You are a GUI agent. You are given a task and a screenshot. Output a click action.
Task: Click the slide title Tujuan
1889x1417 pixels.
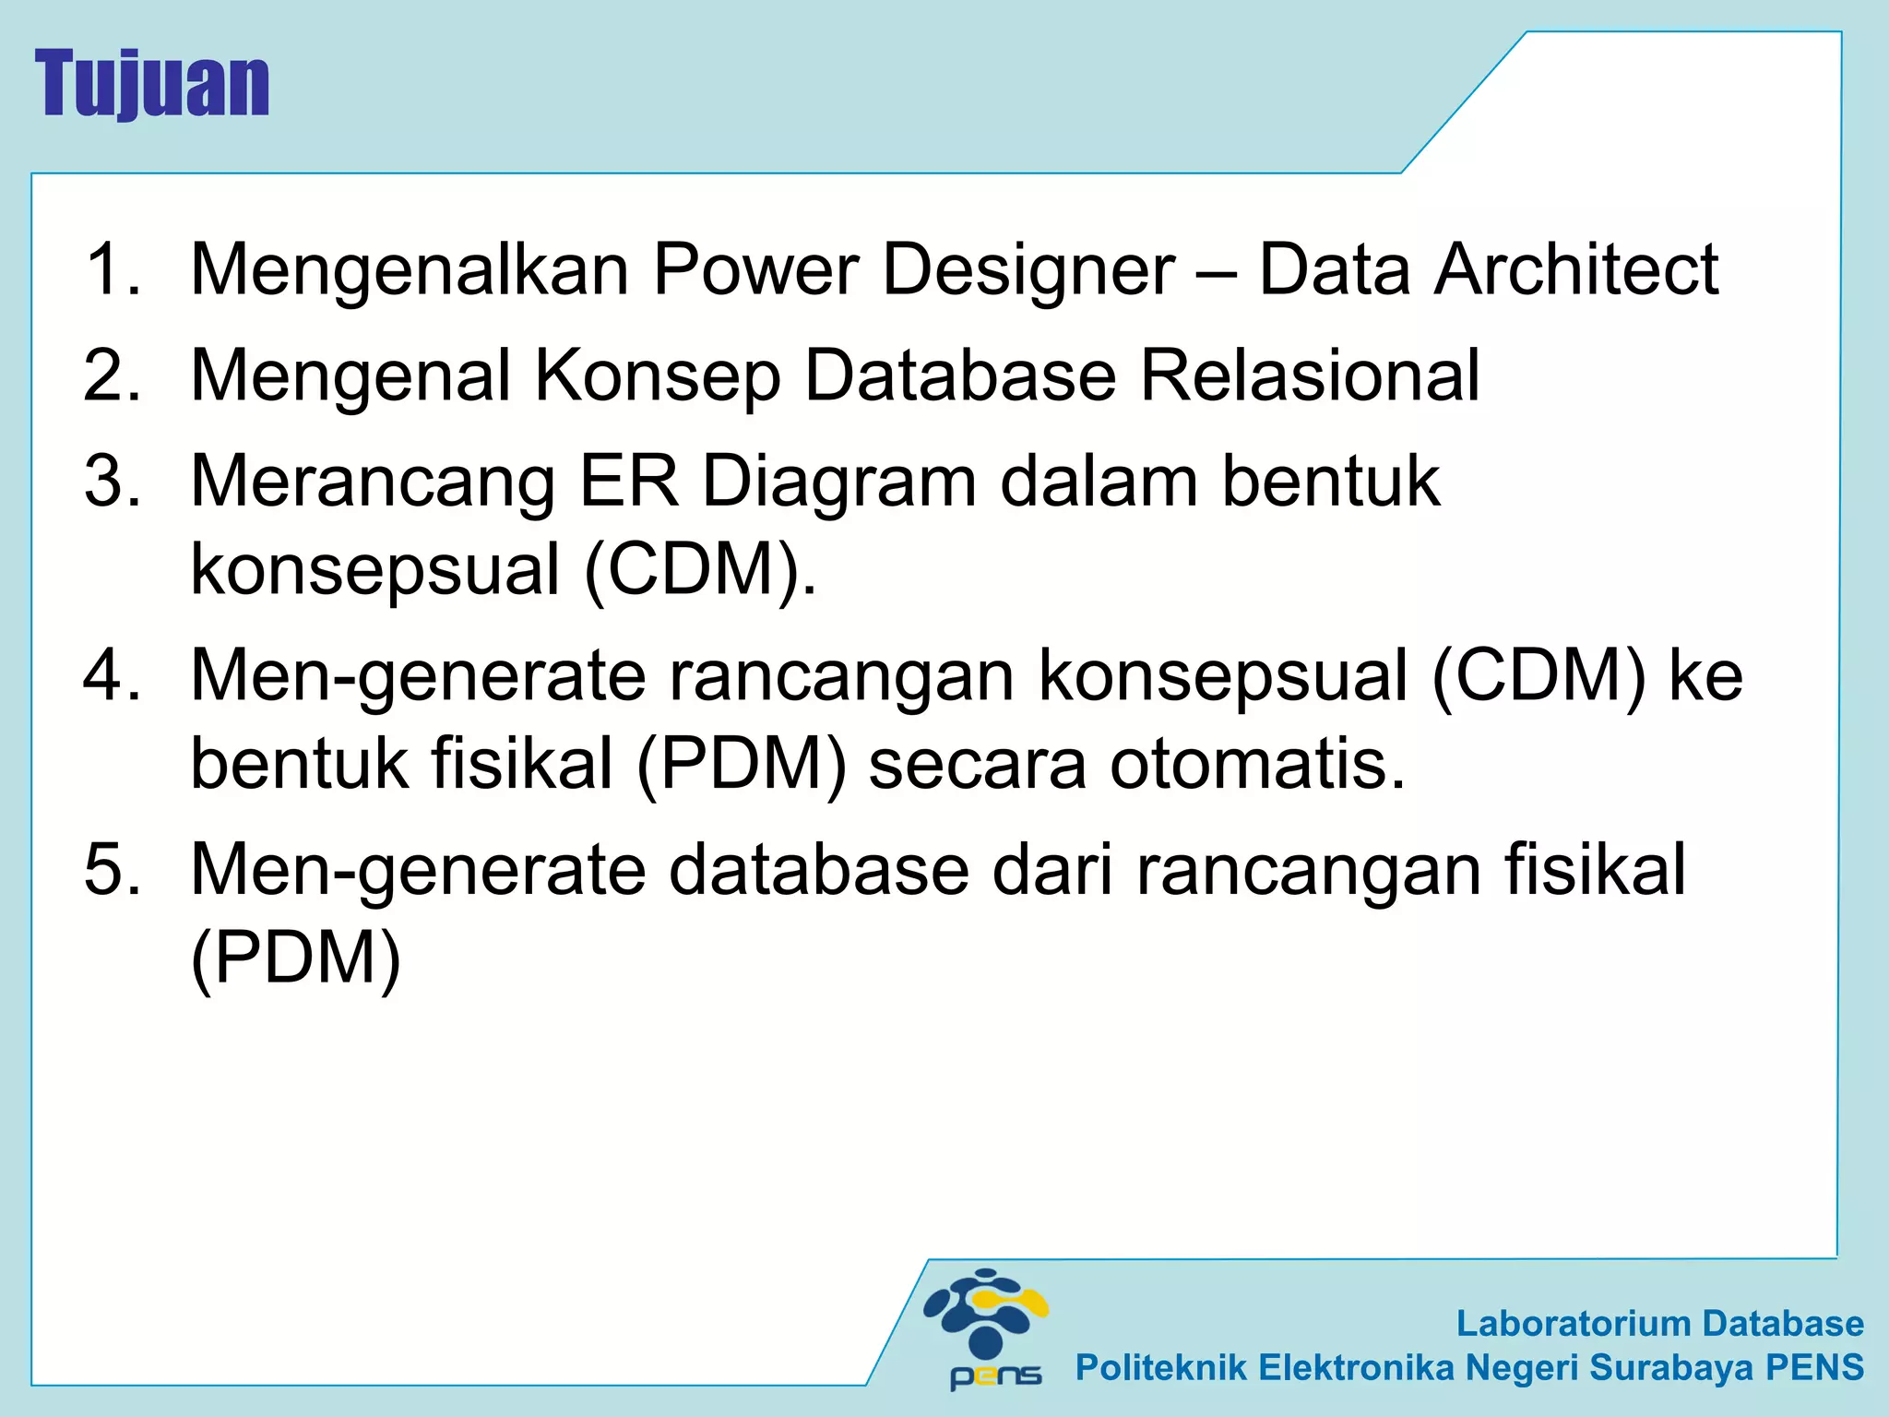(152, 84)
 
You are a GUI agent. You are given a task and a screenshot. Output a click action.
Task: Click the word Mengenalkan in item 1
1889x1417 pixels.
(410, 269)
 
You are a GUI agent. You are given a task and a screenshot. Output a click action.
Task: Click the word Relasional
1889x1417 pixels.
(1310, 375)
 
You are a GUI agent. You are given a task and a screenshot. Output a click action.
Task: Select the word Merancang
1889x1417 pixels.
(373, 483)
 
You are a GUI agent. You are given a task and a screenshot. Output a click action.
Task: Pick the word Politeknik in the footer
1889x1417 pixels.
(1160, 1367)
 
